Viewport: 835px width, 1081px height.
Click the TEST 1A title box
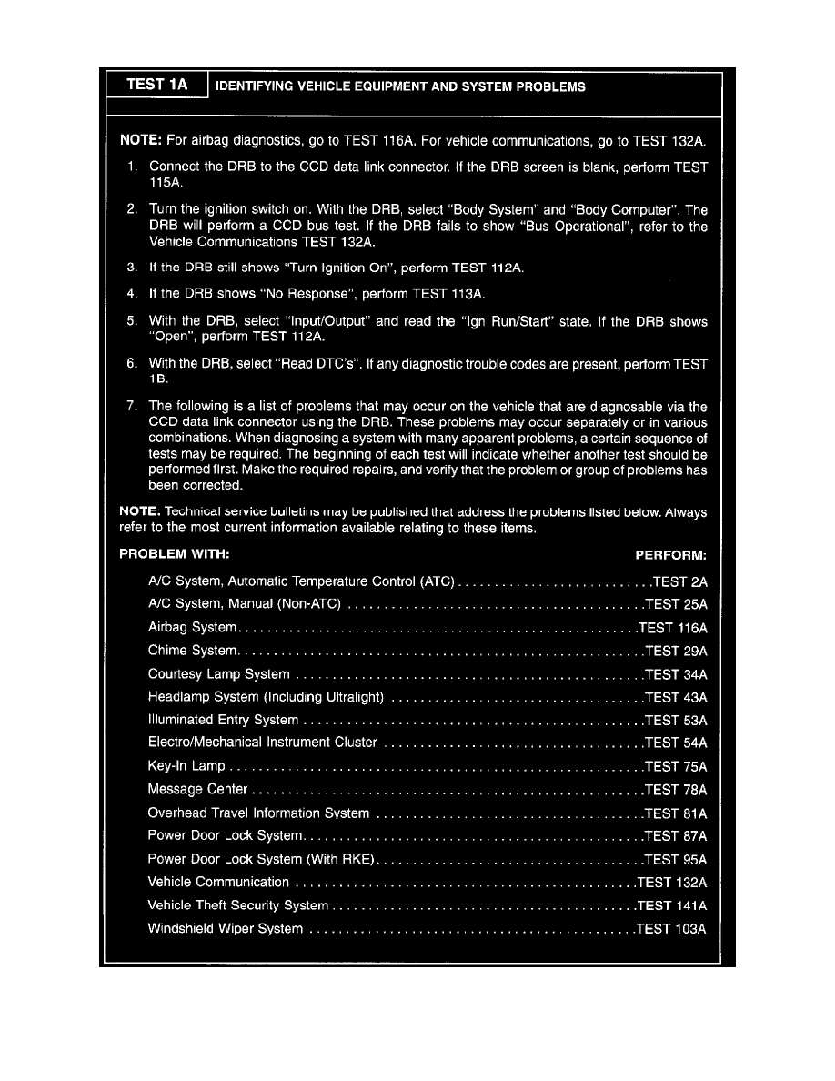click(x=156, y=85)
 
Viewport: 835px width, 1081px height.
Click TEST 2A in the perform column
click(x=679, y=581)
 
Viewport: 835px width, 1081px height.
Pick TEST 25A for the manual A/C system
click(x=675, y=604)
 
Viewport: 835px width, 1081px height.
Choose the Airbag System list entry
click(x=192, y=628)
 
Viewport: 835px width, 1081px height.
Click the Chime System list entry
click(x=192, y=651)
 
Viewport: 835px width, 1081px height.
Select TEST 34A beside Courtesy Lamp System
click(x=675, y=674)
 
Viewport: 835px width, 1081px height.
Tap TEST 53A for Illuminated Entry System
click(x=675, y=720)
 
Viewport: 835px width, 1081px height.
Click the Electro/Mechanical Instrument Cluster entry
click(x=262, y=743)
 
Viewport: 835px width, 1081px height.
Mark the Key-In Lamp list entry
click(x=186, y=766)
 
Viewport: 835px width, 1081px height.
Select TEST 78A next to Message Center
click(x=675, y=790)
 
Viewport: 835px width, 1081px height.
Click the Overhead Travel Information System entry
click(x=258, y=813)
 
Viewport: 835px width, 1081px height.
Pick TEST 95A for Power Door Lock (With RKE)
click(x=675, y=859)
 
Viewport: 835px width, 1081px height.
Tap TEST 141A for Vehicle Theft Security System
click(x=672, y=905)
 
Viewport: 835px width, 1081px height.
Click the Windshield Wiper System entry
click(x=226, y=929)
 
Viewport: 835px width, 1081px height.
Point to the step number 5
click(x=132, y=321)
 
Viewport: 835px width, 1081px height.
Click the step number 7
click(x=132, y=406)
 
